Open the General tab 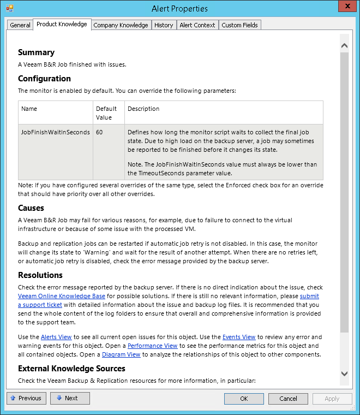pos(20,25)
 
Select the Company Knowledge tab pos(121,25)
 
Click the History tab pos(164,25)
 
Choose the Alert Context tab pos(197,25)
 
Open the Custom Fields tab pos(240,25)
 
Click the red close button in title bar pos(345,7)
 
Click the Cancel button pos(289,399)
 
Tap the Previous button pos(26,399)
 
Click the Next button pos(70,399)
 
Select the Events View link pos(238,337)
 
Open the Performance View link pos(153,346)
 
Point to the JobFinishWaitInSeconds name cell pos(56,133)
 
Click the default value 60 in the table pos(99,133)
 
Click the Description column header pos(143,109)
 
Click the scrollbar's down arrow pos(344,373)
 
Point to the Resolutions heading pos(40,275)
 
